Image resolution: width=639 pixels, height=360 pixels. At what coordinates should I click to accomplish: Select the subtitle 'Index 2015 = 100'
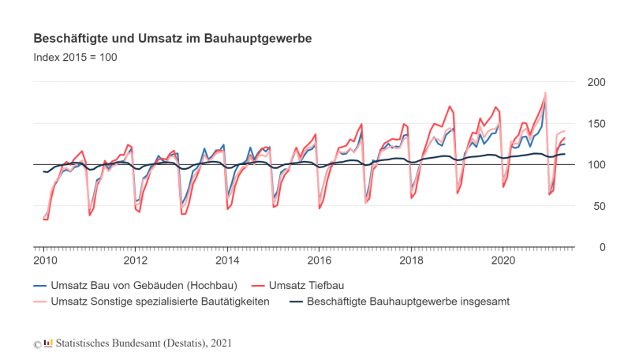tap(75, 57)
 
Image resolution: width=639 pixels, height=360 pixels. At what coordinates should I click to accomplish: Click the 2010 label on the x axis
tap(43, 260)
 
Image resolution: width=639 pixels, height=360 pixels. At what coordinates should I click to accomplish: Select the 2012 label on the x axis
tap(136, 260)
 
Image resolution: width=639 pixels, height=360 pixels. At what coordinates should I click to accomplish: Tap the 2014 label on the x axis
tap(227, 260)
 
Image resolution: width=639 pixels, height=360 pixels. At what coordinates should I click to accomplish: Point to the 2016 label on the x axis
tap(319, 260)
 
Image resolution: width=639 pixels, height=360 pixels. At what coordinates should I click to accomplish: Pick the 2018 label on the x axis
tap(411, 260)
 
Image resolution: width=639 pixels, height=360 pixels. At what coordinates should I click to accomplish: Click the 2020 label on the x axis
tap(503, 260)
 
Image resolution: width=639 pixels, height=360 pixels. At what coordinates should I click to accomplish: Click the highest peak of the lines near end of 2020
tap(544, 93)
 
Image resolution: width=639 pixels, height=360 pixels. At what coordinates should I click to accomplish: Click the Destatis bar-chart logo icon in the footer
tap(47, 343)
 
